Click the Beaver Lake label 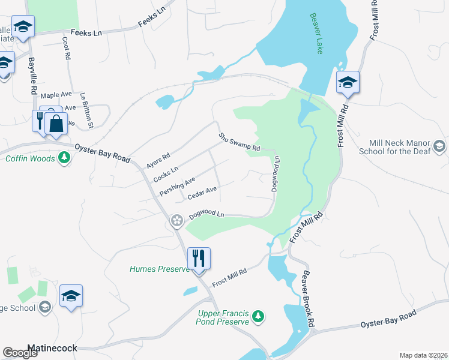pos(316,34)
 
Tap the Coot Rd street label pos(65,49)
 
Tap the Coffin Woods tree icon pos(64,158)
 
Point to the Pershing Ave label pos(178,186)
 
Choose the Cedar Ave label pos(202,193)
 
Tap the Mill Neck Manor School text pos(402,148)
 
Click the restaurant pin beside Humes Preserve pos(199,259)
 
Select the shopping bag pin pos(56,124)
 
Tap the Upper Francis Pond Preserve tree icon pos(258,316)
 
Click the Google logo pos(20,353)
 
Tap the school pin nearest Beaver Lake pos(348,82)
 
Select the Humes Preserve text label pos(160,269)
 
